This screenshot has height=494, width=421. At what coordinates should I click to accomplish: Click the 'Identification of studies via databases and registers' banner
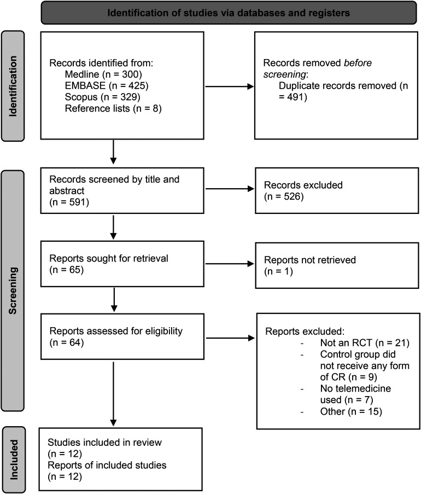tap(229, 13)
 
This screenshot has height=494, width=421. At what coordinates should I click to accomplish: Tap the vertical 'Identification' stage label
tap(13, 86)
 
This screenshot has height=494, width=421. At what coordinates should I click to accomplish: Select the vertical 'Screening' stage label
tap(13, 290)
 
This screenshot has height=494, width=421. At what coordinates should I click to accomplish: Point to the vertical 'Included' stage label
tap(14, 460)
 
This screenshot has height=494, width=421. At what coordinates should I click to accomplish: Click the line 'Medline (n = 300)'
tap(103, 74)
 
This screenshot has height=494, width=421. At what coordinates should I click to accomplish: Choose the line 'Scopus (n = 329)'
tap(102, 97)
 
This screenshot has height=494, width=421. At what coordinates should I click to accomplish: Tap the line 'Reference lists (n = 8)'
tap(113, 108)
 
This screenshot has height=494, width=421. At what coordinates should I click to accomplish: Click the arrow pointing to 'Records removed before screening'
tap(230, 86)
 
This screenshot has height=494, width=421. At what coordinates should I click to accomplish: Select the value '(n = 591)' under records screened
tap(69, 202)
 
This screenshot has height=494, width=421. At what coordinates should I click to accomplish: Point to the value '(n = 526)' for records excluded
tap(284, 196)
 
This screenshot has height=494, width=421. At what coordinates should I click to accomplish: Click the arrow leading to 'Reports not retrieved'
tap(230, 264)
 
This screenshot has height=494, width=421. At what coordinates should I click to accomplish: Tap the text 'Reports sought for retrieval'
tap(109, 258)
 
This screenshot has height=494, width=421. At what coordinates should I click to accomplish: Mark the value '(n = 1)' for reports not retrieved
tap(278, 271)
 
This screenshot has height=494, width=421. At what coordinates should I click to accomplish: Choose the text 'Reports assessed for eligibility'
tap(116, 331)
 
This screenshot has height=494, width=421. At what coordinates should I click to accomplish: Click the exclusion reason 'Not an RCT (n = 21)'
tap(365, 343)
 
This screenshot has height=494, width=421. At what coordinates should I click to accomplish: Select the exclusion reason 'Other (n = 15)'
tap(351, 411)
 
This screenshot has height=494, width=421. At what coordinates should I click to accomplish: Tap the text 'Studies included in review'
tap(104, 443)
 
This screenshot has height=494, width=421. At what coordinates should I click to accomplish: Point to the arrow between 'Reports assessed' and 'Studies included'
tap(113, 394)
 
